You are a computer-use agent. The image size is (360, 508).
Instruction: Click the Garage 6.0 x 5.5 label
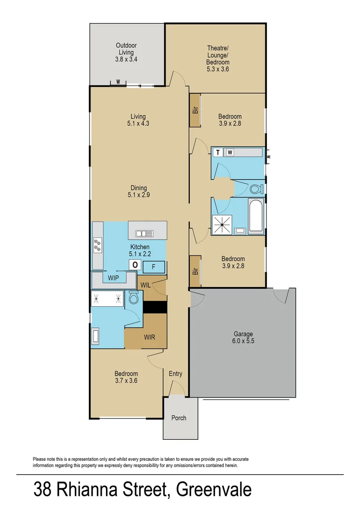(243, 339)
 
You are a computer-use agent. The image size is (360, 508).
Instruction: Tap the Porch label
(178, 418)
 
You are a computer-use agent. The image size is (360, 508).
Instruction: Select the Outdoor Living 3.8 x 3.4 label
(126, 53)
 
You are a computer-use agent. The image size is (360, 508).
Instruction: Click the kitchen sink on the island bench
(144, 233)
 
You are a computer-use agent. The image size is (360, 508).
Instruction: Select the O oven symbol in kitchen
(135, 265)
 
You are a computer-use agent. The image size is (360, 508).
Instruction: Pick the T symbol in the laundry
(218, 152)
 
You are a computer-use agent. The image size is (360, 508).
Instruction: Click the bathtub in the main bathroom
(256, 217)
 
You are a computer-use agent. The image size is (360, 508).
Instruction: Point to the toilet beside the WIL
(133, 298)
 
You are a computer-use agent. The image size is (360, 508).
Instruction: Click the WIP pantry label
(113, 278)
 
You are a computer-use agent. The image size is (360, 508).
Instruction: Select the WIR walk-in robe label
(150, 337)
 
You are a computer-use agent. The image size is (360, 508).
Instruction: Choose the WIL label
(145, 284)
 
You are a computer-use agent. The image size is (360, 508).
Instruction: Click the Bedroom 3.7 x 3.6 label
(126, 377)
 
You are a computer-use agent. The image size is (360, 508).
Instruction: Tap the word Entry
(176, 374)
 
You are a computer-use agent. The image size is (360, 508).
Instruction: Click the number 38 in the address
(42, 489)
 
